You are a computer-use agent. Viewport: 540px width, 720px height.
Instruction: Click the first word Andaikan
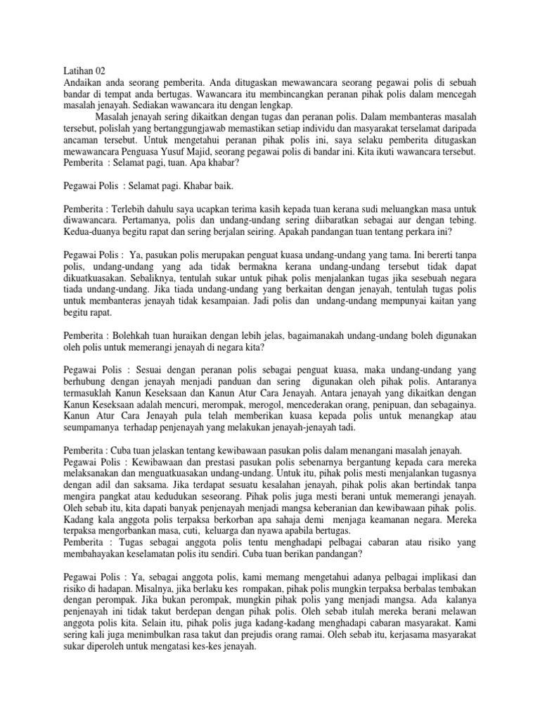[81, 84]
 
